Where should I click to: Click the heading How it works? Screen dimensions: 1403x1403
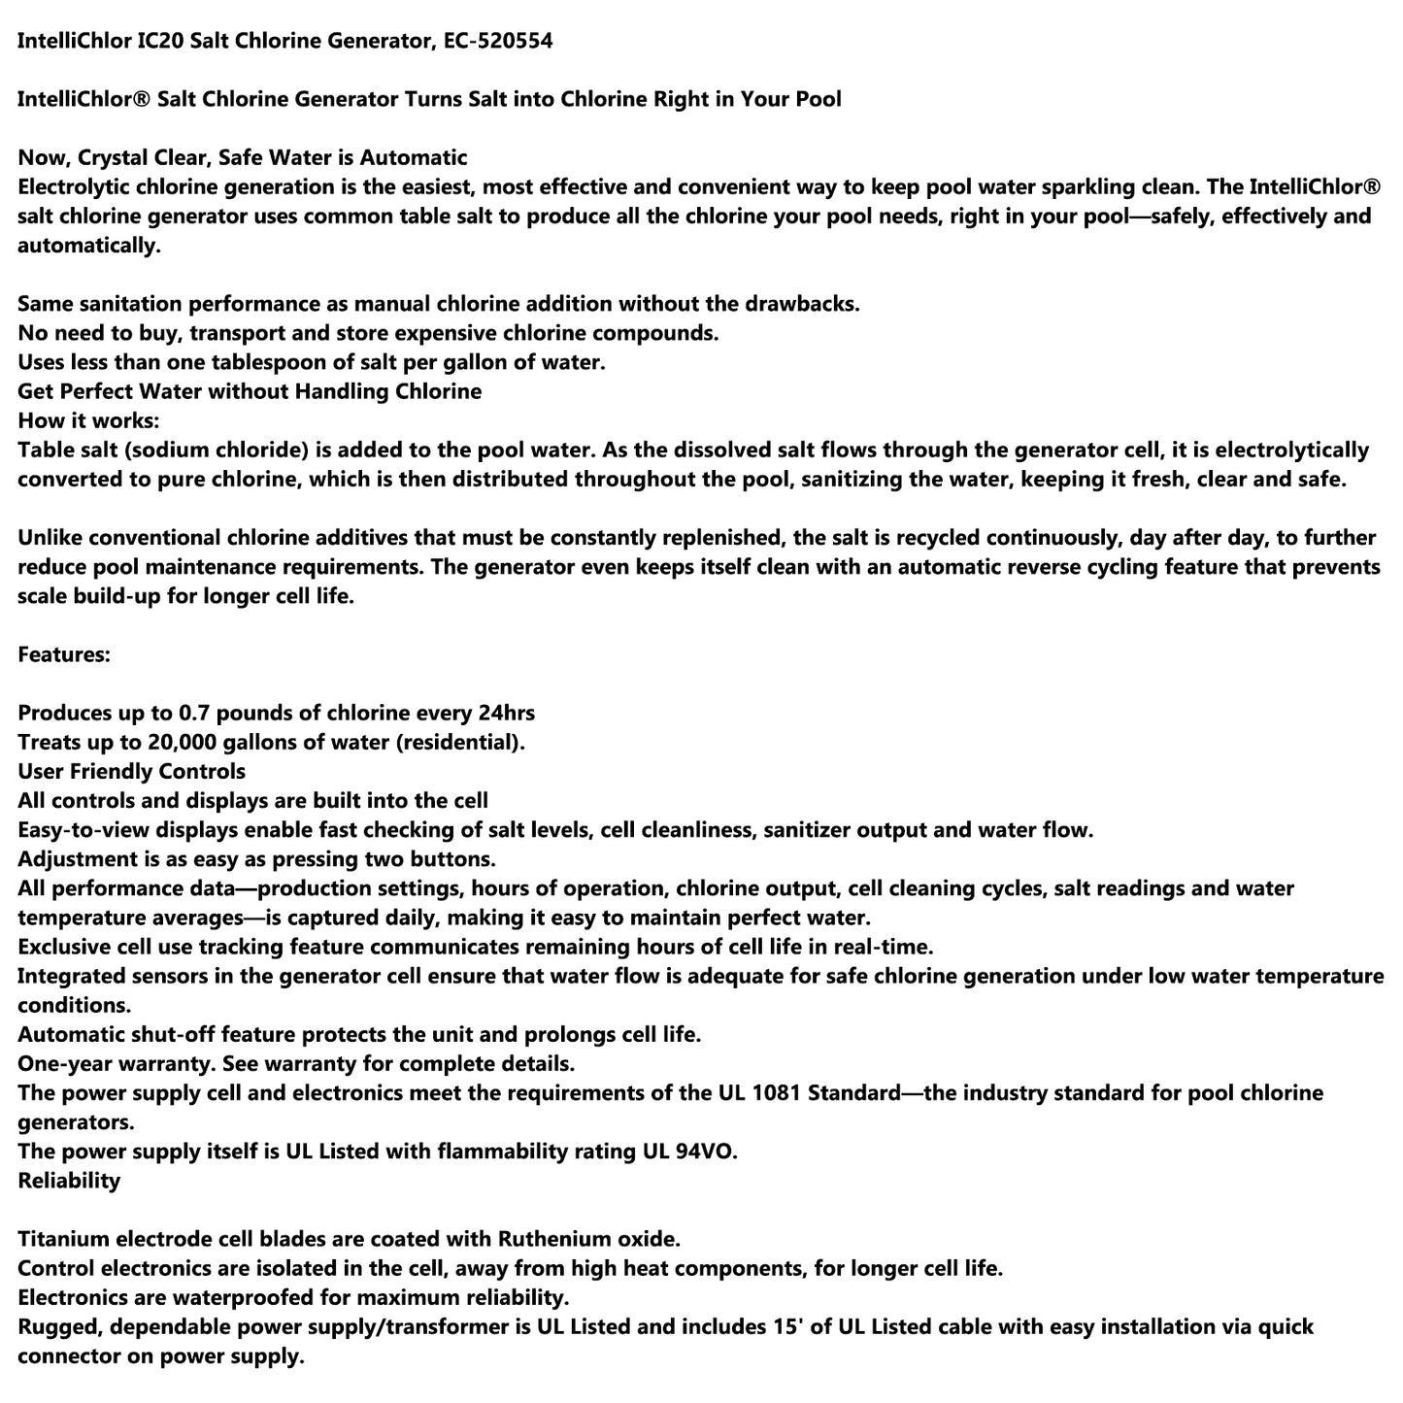point(88,420)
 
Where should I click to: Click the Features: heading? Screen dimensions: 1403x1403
point(64,654)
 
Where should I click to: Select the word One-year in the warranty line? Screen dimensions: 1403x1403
point(63,1063)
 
